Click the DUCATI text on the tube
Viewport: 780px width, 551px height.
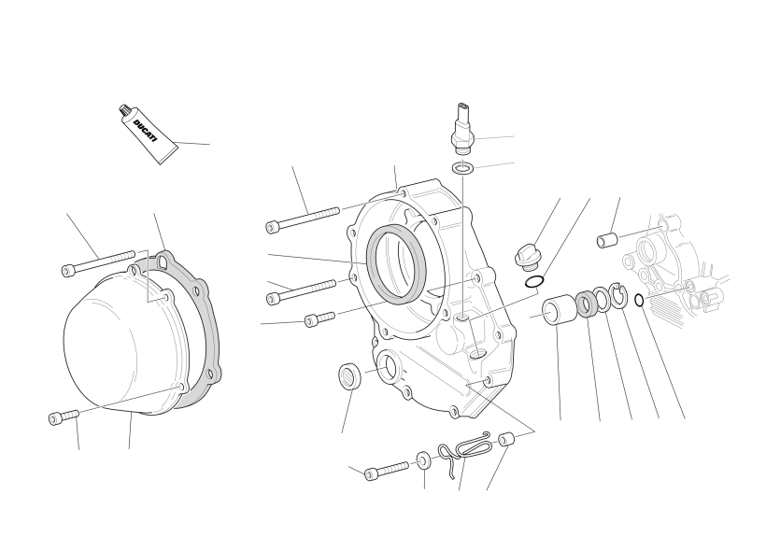pos(145,131)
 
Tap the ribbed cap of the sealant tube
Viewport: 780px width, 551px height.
pos(125,111)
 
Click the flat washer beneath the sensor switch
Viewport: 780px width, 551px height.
pos(462,168)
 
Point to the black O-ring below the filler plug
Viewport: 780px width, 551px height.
pos(533,281)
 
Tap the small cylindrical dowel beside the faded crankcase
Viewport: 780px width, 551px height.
pos(607,240)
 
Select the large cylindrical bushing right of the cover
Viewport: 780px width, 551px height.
pos(559,310)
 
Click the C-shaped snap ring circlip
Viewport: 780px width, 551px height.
pos(618,296)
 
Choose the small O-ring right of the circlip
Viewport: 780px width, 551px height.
pos(640,301)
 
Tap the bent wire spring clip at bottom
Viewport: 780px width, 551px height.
pos(463,450)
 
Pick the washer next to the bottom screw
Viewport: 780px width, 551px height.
pos(423,460)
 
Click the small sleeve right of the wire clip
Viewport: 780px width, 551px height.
pos(505,440)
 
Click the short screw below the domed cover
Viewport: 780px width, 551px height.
pos(64,417)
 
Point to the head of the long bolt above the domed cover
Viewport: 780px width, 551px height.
pos(68,271)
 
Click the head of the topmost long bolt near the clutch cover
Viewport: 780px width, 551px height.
pos(274,227)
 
